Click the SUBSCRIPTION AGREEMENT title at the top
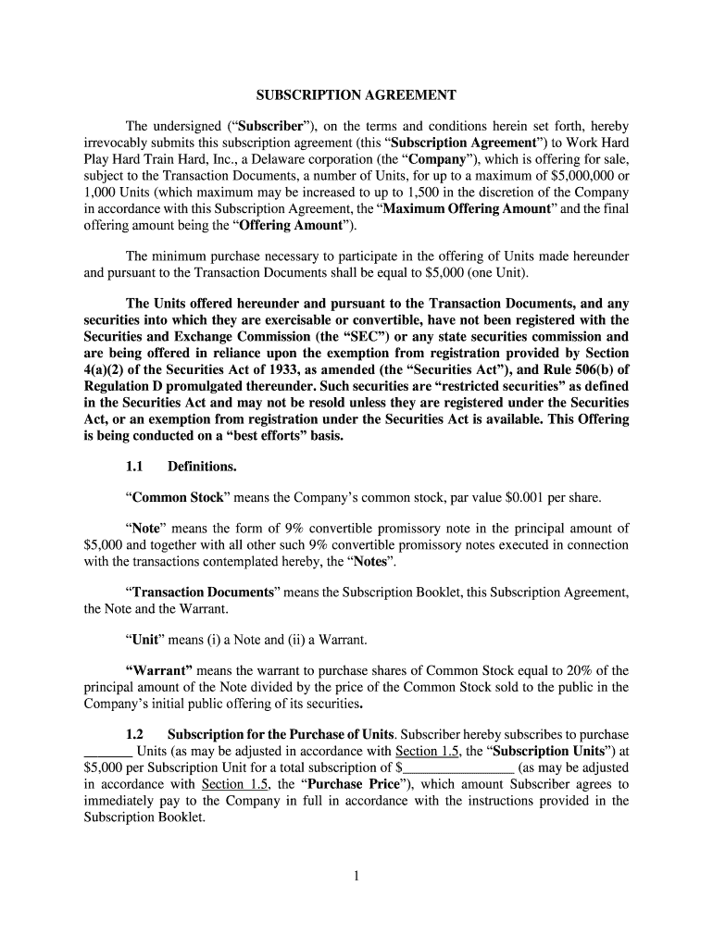pyautogui.click(x=356, y=95)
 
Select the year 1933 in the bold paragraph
pyautogui.click(x=272, y=370)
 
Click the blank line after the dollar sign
pyautogui.click(x=458, y=767)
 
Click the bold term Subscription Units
pyautogui.click(x=535, y=751)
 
